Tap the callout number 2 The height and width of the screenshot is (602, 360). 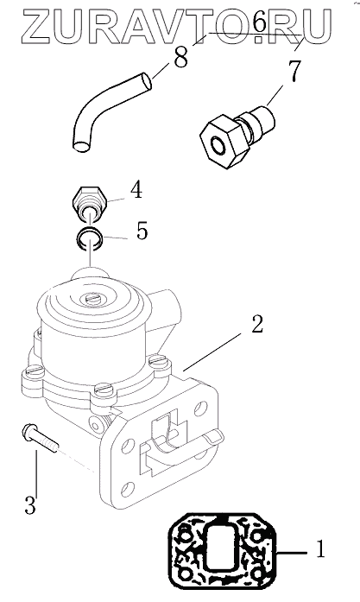pos(256,325)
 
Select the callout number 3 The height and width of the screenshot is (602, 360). pos(30,504)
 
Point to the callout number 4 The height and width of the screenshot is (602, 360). pos(136,190)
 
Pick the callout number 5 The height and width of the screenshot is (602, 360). pos(142,231)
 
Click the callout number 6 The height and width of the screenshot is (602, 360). pos(260,22)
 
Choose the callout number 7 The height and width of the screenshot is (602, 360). pos(294,72)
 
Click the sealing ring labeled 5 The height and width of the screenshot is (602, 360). pos(89,238)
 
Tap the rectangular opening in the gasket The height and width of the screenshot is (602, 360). pos(220,547)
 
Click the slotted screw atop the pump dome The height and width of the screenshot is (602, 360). pos(92,297)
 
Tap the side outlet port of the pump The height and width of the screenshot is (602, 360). pos(166,303)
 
